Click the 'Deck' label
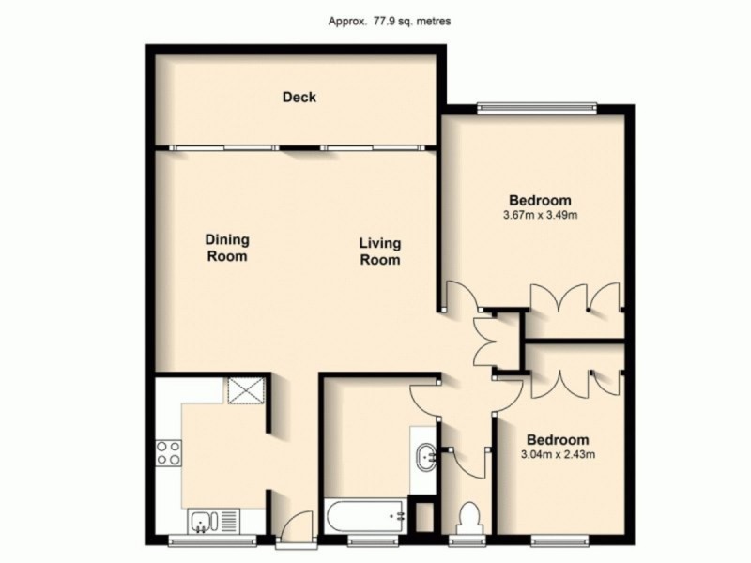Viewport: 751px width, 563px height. point(299,97)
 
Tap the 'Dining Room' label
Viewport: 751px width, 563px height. point(226,248)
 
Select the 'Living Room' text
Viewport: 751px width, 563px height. point(379,252)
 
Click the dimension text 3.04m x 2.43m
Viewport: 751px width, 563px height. point(558,456)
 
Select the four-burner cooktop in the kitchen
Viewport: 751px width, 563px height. point(168,454)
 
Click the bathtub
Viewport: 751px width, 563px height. point(363,515)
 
